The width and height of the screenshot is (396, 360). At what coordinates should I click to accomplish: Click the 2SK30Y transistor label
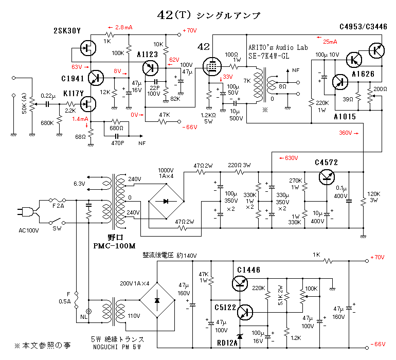(x=67, y=31)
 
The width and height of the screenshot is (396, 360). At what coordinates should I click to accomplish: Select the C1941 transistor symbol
(x=95, y=78)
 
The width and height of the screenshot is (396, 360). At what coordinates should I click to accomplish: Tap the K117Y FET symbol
(x=91, y=104)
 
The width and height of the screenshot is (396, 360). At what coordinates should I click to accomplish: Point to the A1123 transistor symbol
(x=150, y=67)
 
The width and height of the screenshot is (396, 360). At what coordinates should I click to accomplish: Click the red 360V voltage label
(x=348, y=133)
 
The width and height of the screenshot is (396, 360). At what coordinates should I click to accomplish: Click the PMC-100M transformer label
(x=115, y=246)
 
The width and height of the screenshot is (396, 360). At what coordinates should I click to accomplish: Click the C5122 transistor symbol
(x=247, y=312)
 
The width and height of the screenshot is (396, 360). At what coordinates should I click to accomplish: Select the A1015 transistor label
(x=343, y=117)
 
